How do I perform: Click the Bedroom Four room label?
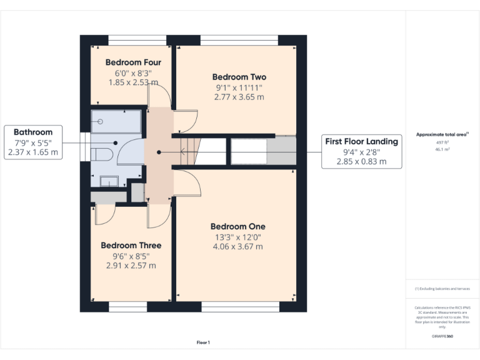pyautogui.click(x=133, y=62)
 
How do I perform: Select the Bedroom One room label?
pyautogui.click(x=237, y=226)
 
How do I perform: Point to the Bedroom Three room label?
pyautogui.click(x=131, y=246)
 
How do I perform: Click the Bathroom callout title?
pyautogui.click(x=33, y=132)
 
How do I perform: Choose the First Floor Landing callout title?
pyautogui.click(x=362, y=142)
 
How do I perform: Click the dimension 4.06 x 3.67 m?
pyautogui.click(x=237, y=246)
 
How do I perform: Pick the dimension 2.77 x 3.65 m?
pyautogui.click(x=239, y=97)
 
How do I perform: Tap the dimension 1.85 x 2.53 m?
pyautogui.click(x=133, y=82)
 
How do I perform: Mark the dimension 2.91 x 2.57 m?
pyautogui.click(x=131, y=266)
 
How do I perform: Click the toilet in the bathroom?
pyautogui.click(x=99, y=154)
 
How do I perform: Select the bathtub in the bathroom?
pyautogui.click(x=116, y=121)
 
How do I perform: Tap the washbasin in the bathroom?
pyautogui.click(x=109, y=181)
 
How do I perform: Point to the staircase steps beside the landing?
pyautogui.click(x=191, y=152)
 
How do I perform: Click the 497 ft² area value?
pyautogui.click(x=442, y=142)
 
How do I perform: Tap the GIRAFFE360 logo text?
pyautogui.click(x=442, y=336)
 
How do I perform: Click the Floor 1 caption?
pyautogui.click(x=203, y=342)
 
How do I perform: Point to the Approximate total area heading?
pyautogui.click(x=442, y=134)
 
